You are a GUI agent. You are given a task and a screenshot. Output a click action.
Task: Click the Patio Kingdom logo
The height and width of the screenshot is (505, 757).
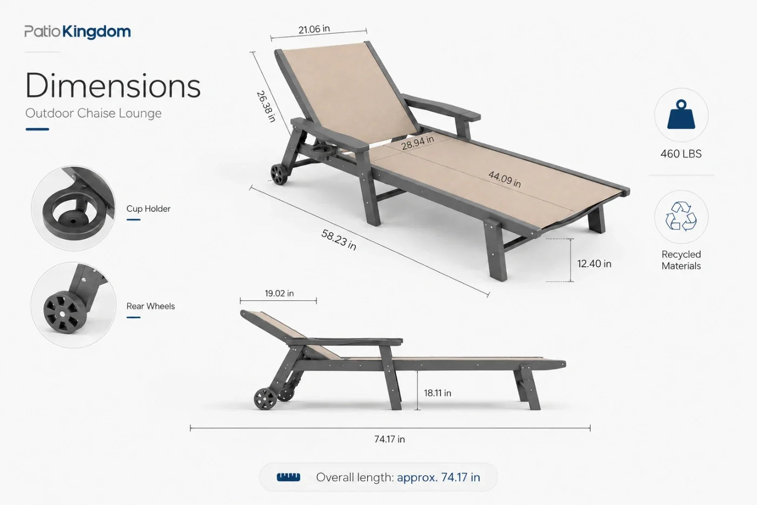77,32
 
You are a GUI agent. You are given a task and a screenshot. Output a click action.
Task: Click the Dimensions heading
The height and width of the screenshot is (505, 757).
113,85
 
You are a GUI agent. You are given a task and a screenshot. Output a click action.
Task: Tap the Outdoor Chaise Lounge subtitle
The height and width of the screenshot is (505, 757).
93,113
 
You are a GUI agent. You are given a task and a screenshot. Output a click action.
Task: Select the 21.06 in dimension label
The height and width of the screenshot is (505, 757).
314,29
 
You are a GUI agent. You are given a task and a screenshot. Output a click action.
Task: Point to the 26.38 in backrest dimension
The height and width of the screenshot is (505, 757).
266,106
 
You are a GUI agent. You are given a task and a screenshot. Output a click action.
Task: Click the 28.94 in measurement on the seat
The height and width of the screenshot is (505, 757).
417,143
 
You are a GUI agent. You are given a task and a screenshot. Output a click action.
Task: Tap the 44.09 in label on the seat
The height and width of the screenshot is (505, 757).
504,179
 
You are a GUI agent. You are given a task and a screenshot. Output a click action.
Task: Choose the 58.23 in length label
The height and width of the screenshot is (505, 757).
338,239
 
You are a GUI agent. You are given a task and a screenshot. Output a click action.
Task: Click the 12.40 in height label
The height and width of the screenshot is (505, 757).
594,264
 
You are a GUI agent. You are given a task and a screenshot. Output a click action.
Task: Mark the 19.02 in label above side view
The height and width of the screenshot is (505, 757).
279,293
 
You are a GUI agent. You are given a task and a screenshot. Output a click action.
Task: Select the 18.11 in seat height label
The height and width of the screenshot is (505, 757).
437,393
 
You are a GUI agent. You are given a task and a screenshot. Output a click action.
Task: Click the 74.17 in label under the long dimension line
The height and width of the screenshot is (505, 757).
389,439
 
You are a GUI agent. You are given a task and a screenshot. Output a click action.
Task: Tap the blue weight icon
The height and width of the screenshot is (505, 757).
681,115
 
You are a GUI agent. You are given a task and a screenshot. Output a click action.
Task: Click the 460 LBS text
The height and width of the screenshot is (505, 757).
681,154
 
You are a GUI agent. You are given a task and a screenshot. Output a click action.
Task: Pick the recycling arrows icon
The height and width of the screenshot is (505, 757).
681,217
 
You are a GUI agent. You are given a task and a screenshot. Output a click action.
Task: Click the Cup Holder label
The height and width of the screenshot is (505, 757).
148,209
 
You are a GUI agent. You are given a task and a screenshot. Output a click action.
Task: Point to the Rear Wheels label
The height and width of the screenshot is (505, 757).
150,306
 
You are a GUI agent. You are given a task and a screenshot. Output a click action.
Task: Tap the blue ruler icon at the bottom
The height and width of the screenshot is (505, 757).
288,477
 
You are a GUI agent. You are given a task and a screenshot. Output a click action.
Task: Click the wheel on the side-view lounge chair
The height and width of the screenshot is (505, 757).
265,399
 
